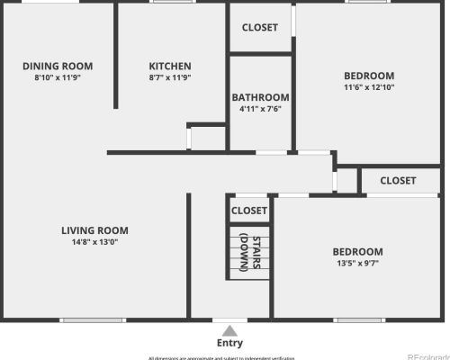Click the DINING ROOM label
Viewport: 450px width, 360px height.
[58, 66]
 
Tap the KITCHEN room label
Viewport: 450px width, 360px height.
[170, 66]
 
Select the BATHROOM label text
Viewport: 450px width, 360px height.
[260, 97]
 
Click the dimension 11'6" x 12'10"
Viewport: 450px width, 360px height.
[369, 87]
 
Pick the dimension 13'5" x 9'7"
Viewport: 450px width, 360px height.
[357, 264]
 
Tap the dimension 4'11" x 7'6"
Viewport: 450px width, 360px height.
[260, 109]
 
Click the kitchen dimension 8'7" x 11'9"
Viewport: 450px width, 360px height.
[170, 77]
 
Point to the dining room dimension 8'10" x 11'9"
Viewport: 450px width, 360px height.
[58, 77]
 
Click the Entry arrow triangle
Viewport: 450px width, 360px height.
[229, 330]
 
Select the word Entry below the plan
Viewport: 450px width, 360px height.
[229, 343]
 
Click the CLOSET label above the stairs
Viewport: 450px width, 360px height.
[249, 211]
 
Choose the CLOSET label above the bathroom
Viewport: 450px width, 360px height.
[260, 27]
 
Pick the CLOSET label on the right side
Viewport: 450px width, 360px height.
[398, 180]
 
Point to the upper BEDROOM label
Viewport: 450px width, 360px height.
[369, 75]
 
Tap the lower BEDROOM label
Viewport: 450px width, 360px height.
[357, 251]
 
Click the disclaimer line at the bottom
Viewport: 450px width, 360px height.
[220, 357]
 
